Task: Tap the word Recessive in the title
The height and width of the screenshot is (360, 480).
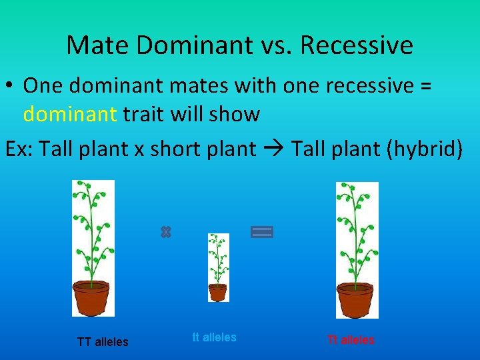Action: (x=357, y=45)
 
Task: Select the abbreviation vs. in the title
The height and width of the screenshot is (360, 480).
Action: (x=275, y=45)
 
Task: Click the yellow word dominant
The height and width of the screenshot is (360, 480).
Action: (x=70, y=114)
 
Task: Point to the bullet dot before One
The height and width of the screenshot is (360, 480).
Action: (x=11, y=86)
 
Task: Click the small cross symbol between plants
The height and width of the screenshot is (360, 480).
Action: (x=166, y=232)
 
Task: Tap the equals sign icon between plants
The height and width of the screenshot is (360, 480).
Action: (x=262, y=232)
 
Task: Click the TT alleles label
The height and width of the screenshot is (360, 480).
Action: (x=103, y=342)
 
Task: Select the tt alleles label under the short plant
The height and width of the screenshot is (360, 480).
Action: (x=214, y=337)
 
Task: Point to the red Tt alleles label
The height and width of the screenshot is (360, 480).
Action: (x=351, y=340)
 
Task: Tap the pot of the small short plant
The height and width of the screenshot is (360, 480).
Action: (x=217, y=292)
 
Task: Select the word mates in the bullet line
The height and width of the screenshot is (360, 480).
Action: (x=189, y=85)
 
